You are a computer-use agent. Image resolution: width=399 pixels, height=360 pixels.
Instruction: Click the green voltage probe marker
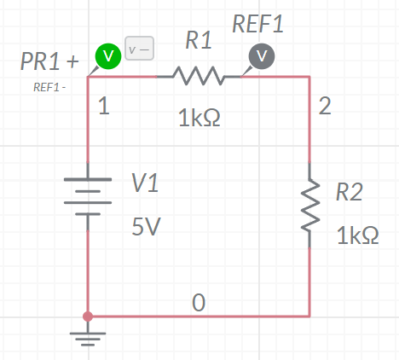coord(108,56)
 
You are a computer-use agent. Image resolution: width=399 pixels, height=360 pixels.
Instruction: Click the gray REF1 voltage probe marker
coord(262,56)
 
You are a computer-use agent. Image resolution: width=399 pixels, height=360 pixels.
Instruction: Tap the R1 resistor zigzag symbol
coord(199,76)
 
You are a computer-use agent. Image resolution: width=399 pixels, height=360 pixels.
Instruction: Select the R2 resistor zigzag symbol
coord(310,205)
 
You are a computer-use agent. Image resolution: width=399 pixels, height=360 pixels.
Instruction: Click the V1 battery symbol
coord(88,196)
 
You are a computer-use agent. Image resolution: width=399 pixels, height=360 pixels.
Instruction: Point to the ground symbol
coord(88,334)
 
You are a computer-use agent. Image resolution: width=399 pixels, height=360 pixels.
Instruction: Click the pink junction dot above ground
coord(88,316)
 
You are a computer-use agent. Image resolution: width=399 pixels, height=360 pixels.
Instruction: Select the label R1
coord(199,40)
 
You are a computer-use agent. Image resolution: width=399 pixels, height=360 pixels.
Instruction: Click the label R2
coord(350,192)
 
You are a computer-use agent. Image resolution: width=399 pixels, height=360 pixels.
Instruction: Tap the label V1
coord(145,183)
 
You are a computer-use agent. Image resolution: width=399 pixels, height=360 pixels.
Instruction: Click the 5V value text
coord(146,226)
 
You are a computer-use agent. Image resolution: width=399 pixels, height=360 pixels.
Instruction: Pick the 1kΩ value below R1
coord(199,118)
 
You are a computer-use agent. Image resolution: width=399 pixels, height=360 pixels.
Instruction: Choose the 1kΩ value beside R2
coord(357,235)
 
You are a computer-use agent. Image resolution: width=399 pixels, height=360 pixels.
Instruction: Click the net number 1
coord(104,106)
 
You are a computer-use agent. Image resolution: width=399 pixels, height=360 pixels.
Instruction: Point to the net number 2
coord(325,106)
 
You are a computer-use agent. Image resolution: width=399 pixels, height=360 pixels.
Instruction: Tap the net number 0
coord(199,302)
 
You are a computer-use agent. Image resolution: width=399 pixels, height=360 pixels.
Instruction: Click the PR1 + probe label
coord(49,61)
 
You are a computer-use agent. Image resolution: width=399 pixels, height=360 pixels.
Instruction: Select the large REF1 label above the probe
coord(258,24)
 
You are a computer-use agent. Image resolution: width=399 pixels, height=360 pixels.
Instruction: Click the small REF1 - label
coord(49,87)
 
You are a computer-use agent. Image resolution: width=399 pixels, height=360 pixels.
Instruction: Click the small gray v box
coord(140,48)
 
